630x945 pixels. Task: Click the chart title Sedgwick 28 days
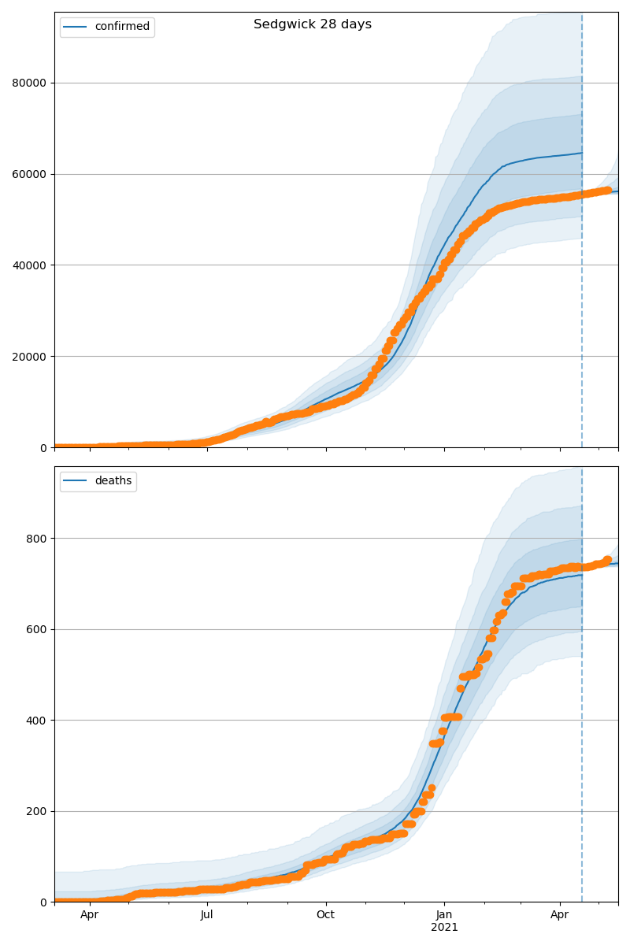pos(313,24)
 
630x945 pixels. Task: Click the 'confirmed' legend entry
pos(122,27)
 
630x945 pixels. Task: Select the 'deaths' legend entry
pos(113,481)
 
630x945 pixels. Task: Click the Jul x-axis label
pos(207,915)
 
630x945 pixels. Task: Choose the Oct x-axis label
pos(325,915)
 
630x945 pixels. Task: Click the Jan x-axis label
pos(444,915)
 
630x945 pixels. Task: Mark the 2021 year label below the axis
pos(444,927)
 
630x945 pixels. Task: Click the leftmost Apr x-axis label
pos(90,915)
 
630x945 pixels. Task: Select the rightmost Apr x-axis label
pos(560,915)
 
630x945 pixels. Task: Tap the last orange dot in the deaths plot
pos(607,560)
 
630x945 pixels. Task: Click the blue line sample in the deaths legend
pos(77,481)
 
